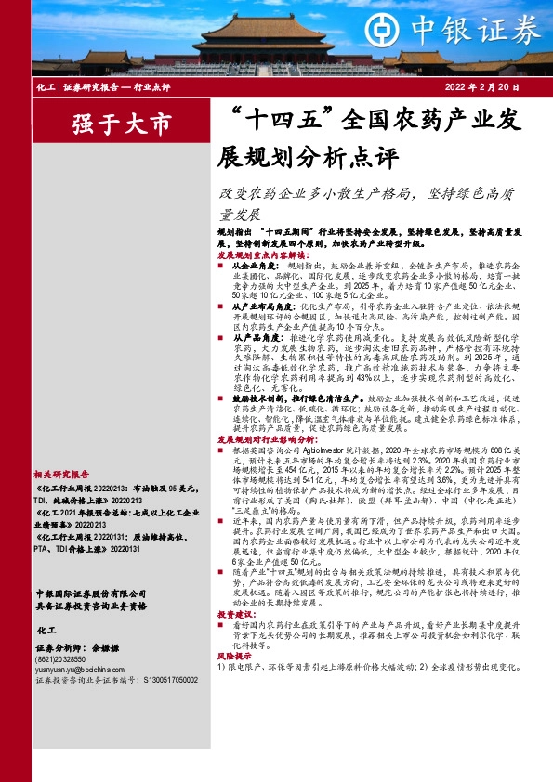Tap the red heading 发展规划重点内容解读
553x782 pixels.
(263, 253)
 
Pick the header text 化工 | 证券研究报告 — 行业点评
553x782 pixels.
(102, 86)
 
